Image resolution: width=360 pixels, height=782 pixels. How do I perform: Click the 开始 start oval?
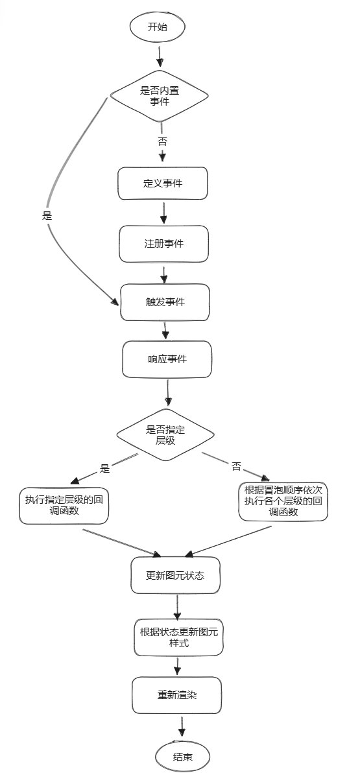coord(157,27)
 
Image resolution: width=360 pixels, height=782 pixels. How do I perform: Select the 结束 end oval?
coord(183,757)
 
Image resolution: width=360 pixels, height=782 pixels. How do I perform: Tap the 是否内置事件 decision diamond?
coord(160,96)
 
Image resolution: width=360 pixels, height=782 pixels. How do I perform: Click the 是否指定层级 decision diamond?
coord(165,434)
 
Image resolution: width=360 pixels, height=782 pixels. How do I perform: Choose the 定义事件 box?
coord(163,184)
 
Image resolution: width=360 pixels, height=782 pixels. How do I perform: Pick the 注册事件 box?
coord(163,244)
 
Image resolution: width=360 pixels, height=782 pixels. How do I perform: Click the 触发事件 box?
coord(165,302)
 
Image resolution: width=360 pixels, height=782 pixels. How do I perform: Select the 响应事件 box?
coord(167,359)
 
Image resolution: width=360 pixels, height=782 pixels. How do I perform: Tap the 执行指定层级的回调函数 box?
coord(64,506)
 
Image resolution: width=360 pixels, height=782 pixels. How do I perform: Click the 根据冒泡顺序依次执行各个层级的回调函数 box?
coord(283,501)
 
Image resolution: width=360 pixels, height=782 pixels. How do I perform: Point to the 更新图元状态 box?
coord(176,575)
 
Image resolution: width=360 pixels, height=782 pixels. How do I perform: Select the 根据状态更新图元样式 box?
coord(179,637)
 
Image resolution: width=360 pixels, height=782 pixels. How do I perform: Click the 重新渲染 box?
coord(176,695)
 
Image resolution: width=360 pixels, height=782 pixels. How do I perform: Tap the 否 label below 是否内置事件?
coord(162,141)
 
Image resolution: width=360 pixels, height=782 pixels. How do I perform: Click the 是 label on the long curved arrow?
coord(47,216)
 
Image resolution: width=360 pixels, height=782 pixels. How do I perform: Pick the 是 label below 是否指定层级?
coord(104,468)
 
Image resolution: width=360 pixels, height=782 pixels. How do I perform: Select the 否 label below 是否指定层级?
coord(236,466)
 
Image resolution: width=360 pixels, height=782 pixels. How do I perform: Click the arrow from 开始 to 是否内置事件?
coord(160,56)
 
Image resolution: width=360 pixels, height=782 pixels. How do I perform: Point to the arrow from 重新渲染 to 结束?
coord(182,727)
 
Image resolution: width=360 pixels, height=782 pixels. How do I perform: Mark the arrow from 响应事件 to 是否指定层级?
coord(168,393)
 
